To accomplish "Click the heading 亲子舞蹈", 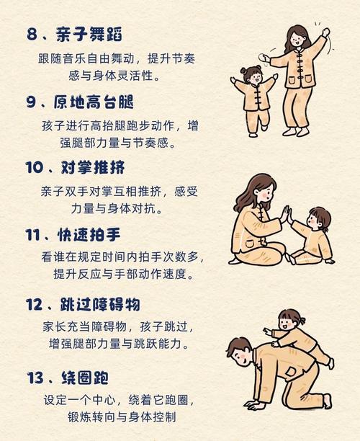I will click(x=89, y=33).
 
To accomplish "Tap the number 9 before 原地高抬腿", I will click(x=32, y=102).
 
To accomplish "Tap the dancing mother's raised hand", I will click(x=325, y=33).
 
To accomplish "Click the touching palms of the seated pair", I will click(x=287, y=214).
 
